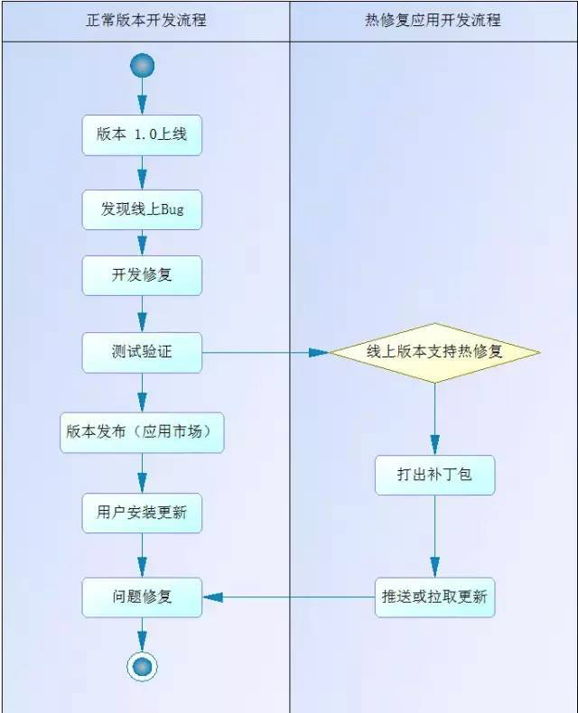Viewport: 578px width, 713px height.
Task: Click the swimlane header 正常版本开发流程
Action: tap(144, 19)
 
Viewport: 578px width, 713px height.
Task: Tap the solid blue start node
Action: tap(142, 65)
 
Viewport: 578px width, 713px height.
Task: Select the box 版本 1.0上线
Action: tap(142, 135)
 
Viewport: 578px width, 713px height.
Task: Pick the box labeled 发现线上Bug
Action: tap(142, 209)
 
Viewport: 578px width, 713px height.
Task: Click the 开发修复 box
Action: tap(142, 275)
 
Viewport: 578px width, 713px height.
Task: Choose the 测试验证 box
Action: tap(142, 352)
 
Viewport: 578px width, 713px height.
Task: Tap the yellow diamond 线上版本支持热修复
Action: tap(434, 352)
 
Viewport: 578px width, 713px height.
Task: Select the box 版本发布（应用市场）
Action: tap(142, 431)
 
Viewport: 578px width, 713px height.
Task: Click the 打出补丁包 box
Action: tap(434, 475)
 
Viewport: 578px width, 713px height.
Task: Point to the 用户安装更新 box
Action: tap(142, 512)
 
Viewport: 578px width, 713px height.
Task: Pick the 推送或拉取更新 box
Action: tap(434, 597)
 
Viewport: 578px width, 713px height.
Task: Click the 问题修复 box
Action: tap(142, 597)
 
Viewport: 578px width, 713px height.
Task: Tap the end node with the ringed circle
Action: tap(142, 666)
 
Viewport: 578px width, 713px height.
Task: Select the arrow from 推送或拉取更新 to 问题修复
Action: tap(289, 597)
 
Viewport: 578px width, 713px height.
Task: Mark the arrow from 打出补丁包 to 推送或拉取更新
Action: tap(434, 536)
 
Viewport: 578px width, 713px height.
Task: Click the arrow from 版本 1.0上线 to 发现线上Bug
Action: tap(142, 172)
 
